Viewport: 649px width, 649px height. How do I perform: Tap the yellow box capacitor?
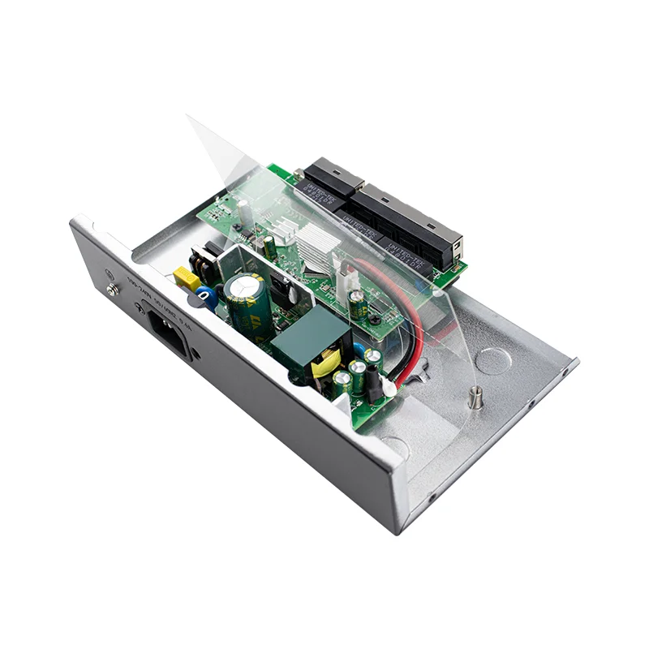[x=187, y=279]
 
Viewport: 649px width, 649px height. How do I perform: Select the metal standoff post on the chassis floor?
[x=476, y=397]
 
